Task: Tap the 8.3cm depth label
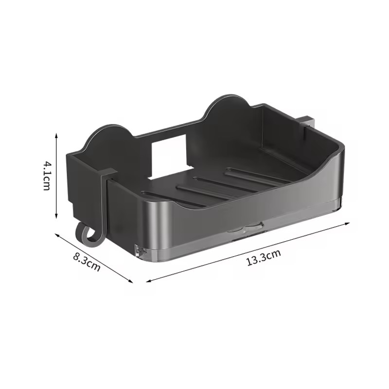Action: tap(87, 261)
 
